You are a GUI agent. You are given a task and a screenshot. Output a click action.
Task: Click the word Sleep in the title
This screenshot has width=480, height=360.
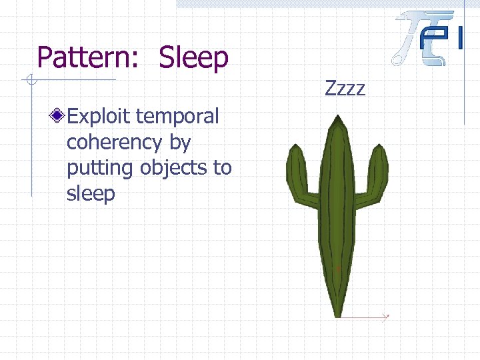tap(193, 58)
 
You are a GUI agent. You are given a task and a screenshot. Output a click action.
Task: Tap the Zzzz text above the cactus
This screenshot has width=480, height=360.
tap(345, 87)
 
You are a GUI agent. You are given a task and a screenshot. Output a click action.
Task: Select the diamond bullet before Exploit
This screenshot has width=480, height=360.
tap(59, 117)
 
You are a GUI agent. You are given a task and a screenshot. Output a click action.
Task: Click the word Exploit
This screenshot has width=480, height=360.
tap(99, 117)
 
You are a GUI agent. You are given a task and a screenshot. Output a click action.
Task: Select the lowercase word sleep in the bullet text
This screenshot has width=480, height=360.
tap(91, 194)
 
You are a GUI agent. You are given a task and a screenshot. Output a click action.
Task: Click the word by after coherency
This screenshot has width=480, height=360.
tap(181, 143)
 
